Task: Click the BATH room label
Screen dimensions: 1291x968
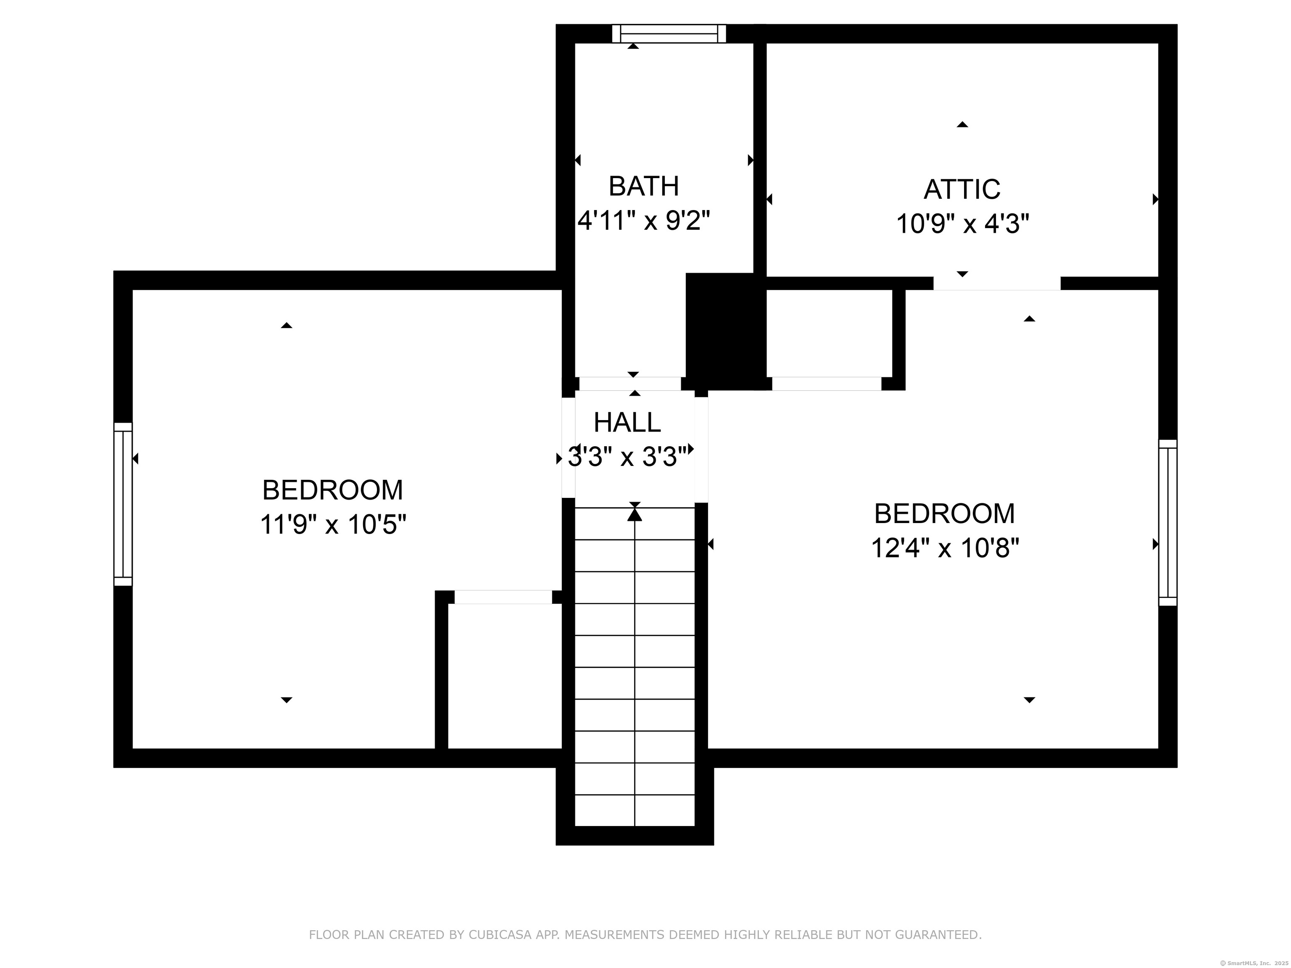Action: (x=644, y=186)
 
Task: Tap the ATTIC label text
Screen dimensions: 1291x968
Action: (x=962, y=189)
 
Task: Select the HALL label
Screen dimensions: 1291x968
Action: (x=627, y=422)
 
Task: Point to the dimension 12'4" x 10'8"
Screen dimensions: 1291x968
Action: (x=945, y=548)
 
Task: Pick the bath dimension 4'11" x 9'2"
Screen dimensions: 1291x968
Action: (x=644, y=221)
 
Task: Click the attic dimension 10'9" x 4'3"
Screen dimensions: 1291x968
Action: (x=962, y=224)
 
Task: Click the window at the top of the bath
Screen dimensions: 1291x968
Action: (x=669, y=34)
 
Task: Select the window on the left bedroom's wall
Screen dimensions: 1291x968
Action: (x=123, y=504)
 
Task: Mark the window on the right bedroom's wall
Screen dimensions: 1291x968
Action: (x=1168, y=523)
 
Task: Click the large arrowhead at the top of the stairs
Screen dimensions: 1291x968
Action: (x=635, y=514)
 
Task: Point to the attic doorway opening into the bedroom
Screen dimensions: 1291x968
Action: (x=997, y=284)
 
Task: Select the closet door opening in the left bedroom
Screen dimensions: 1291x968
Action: (x=503, y=597)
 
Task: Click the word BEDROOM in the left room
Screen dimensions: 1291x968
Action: (x=333, y=490)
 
